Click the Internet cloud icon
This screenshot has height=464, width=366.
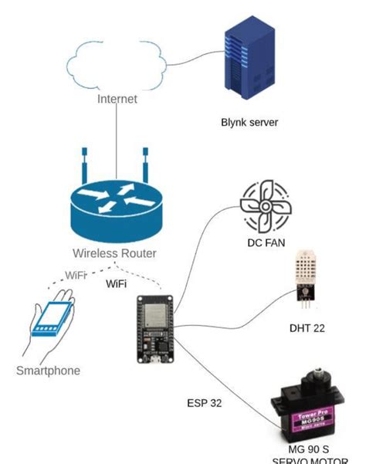click(117, 63)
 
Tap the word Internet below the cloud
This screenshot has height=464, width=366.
click(117, 99)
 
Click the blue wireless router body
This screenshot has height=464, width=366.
click(115, 212)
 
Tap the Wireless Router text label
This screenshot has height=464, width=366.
click(115, 253)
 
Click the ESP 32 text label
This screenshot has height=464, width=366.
click(205, 403)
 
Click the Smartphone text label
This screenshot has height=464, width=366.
click(48, 371)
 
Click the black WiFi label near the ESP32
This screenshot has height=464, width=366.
click(117, 283)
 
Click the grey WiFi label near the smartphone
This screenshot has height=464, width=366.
click(76, 275)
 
